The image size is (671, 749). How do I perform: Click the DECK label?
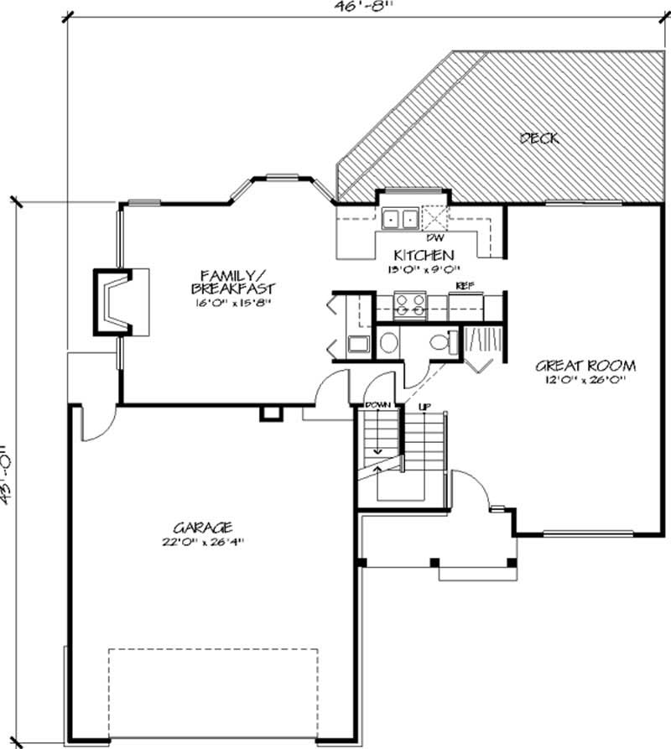[538, 138]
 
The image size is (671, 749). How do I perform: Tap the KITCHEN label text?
[424, 255]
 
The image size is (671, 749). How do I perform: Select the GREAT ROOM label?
[585, 366]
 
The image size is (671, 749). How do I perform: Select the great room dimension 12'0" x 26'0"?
[585, 380]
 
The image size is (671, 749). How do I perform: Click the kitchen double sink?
[400, 219]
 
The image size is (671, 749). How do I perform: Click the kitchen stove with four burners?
[410, 304]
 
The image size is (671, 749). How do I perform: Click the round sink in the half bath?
[388, 342]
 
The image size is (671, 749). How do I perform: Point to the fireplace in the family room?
[114, 302]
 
